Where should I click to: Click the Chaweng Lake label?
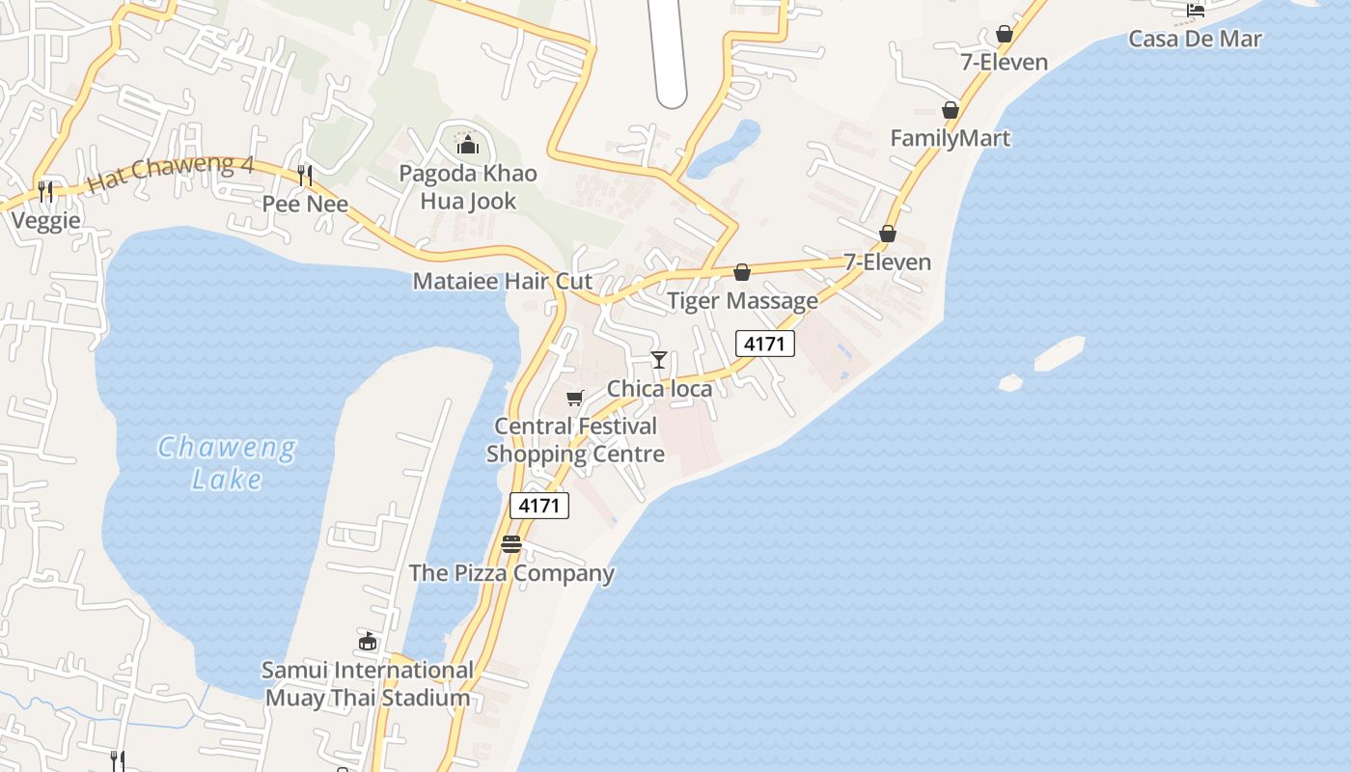tap(227, 462)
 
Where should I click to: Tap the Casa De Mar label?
tap(1195, 40)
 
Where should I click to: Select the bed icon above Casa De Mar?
tap(1196, 12)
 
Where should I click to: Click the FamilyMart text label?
tap(950, 138)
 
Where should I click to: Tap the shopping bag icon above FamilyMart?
tap(951, 110)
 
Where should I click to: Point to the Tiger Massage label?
tap(742, 301)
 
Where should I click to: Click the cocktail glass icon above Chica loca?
tap(659, 360)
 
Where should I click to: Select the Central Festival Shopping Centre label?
tap(576, 440)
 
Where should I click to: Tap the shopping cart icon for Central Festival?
tap(575, 398)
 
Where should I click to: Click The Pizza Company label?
tap(511, 573)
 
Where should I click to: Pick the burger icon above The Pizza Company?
tap(511, 545)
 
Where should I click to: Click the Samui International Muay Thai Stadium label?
tap(368, 684)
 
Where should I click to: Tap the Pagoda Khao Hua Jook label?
tap(468, 187)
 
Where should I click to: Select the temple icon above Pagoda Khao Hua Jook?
tap(468, 146)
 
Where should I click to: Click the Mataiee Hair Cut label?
tap(502, 282)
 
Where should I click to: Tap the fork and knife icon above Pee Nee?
tap(305, 176)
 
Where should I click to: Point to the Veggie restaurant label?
tap(45, 221)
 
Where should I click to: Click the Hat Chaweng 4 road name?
tap(170, 173)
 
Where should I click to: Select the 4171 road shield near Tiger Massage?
tap(764, 344)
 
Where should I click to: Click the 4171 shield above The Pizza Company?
tap(538, 506)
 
